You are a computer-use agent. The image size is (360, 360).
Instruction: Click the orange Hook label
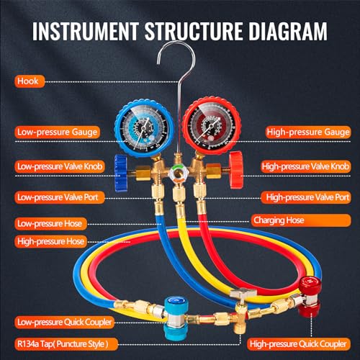coord(30,81)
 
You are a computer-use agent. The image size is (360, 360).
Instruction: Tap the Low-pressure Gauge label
coord(57,132)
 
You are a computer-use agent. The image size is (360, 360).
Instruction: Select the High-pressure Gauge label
coord(308,132)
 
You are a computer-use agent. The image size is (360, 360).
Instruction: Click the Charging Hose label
coord(301,220)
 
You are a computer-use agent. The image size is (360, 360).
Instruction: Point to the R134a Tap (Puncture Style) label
coord(66,344)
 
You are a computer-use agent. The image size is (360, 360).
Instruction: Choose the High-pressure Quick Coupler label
coord(299,344)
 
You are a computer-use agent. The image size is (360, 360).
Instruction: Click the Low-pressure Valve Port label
coord(60,197)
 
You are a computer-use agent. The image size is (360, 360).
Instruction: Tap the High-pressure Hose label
coord(50,241)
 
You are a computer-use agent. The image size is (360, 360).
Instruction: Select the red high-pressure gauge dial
coord(212,126)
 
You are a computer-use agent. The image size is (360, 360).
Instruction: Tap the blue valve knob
coord(121,174)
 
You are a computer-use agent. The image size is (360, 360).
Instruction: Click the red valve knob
coord(236,170)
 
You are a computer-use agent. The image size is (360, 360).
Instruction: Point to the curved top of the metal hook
coord(176,43)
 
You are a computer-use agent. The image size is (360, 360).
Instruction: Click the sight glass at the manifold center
coord(178,174)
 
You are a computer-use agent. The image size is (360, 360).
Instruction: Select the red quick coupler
coord(309,297)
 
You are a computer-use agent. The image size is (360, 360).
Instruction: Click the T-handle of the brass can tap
coord(243,293)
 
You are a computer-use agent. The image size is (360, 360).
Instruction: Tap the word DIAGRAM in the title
coord(288,31)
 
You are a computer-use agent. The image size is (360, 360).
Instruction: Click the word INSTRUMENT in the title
coord(86,31)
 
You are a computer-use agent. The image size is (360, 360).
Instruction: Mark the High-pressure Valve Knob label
coord(306,166)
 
